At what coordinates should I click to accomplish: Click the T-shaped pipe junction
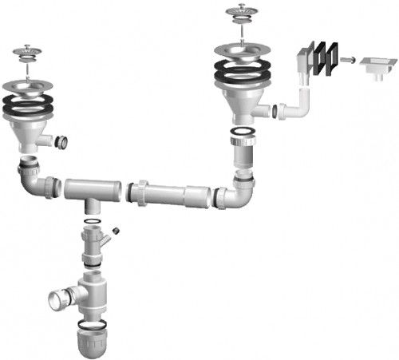click(91, 192)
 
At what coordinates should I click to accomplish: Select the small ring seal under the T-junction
click(93, 220)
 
